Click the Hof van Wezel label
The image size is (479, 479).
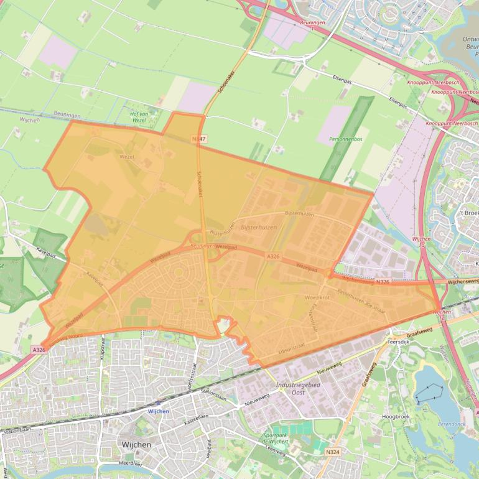(139, 116)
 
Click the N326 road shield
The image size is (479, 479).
(383, 282)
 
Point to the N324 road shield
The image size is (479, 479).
(332, 452)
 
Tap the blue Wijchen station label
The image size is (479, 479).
(159, 411)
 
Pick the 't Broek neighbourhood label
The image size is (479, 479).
(469, 212)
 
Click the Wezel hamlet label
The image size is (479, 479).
(126, 157)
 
